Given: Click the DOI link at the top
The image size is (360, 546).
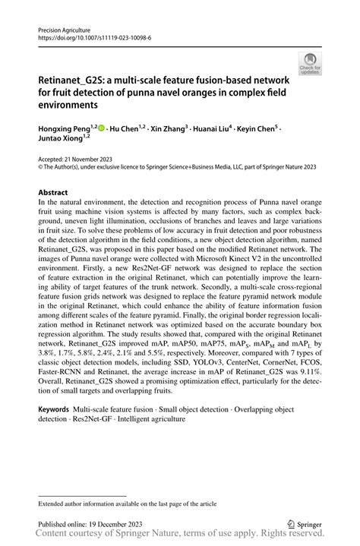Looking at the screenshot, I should coord(86,36).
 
